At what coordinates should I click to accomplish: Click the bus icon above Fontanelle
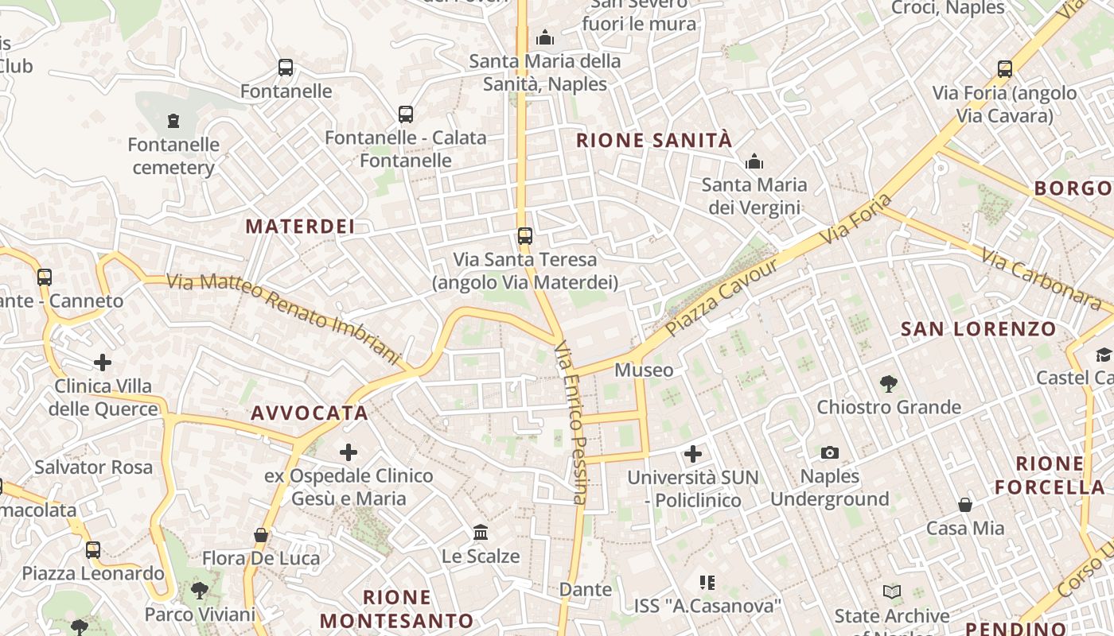(286, 68)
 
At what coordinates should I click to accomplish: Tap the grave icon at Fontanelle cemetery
(173, 121)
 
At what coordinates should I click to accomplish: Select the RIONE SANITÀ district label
(653, 141)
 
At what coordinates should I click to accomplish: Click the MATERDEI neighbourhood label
(300, 227)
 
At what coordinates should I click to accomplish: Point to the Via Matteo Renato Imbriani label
(282, 318)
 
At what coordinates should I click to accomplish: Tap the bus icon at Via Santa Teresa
(524, 236)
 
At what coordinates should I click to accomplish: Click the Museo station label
(644, 370)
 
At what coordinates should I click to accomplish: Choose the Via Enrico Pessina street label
(571, 422)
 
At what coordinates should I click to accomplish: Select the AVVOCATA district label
(310, 413)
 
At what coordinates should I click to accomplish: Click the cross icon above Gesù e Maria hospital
(349, 453)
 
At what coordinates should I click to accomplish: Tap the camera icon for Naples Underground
(830, 453)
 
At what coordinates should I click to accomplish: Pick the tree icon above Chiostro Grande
(889, 384)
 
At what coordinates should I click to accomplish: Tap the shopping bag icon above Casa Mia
(965, 505)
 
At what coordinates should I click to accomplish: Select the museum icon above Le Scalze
(481, 532)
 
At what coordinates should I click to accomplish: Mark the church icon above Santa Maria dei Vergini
(754, 162)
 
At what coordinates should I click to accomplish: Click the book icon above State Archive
(892, 592)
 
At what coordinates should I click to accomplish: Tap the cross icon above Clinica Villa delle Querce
(103, 363)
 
